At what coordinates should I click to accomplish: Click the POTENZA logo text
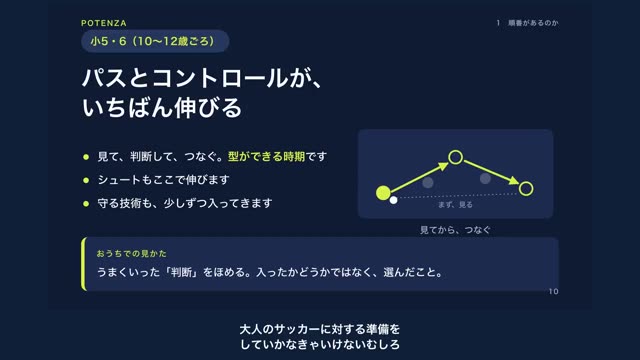point(104,23)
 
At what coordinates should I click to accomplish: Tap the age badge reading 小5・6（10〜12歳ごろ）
point(155,41)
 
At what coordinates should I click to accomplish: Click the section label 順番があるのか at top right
point(533,23)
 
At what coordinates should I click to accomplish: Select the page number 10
point(553,291)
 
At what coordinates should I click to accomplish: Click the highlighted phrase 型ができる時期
point(266,156)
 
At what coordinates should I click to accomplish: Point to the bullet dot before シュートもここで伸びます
point(86,180)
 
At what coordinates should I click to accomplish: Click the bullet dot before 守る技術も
point(86,203)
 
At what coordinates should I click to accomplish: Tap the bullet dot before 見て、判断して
point(86,157)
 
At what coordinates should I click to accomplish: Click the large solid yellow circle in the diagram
point(383,193)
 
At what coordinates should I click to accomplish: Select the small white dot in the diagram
point(393,200)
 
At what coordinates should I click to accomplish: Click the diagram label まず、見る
point(455,205)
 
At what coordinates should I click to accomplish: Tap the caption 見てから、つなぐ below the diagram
point(455,230)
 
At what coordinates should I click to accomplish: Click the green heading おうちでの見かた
point(131,254)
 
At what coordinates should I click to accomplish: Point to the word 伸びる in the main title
point(208,108)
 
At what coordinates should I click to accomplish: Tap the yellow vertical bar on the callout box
point(84,264)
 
